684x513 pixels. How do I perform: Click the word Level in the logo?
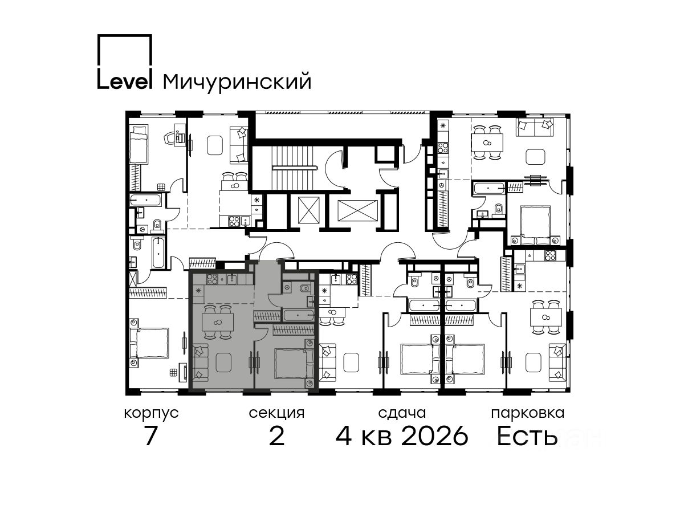tap(124, 82)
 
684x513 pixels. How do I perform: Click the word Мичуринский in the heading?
tap(237, 82)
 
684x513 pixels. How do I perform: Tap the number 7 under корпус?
tap(150, 436)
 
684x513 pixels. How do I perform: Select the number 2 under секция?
tap(276, 436)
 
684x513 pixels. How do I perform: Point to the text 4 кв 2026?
tap(402, 436)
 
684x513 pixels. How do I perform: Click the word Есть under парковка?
tap(527, 436)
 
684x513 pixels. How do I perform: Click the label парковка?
tap(528, 413)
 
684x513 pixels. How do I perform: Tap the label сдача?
tap(402, 413)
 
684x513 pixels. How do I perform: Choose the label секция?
tap(276, 413)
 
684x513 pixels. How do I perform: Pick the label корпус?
tap(152, 414)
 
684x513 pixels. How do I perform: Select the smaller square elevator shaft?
tap(309, 210)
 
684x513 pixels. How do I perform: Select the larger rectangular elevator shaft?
tap(357, 210)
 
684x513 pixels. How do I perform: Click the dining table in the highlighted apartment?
tap(218, 323)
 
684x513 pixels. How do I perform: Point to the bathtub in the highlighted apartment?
tap(299, 315)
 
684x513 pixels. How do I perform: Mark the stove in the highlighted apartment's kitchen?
tap(212, 279)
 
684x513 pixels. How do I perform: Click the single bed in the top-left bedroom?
tap(138, 144)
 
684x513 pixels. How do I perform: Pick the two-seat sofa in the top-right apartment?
tap(535, 127)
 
